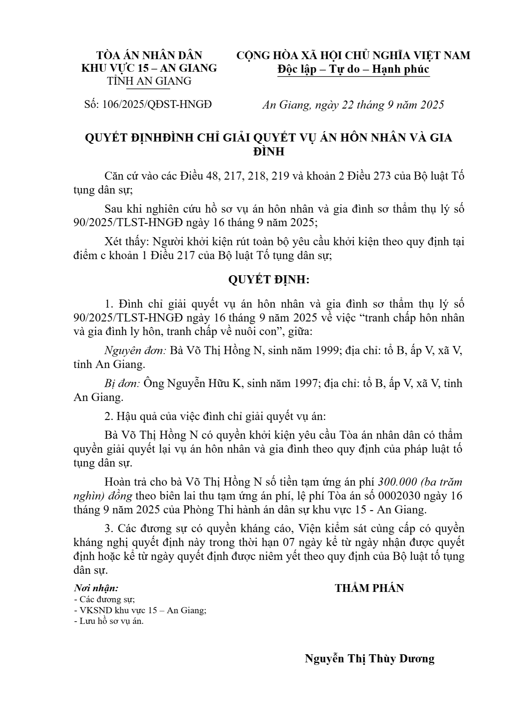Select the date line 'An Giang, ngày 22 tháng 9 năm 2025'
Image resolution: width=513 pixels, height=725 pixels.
tap(353, 105)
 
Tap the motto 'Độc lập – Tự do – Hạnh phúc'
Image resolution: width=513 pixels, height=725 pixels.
tap(353, 69)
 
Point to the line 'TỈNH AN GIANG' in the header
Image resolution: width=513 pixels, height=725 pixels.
tap(149, 81)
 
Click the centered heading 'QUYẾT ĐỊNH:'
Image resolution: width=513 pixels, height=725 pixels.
tap(269, 280)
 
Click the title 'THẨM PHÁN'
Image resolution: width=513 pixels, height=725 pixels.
tap(369, 588)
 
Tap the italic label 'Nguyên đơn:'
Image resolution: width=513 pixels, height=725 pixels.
tap(136, 351)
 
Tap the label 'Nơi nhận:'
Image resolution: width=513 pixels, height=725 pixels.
tap(96, 588)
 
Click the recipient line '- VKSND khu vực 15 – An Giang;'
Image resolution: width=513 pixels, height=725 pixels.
tap(140, 610)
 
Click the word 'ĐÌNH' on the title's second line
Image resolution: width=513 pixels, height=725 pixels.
tap(268, 152)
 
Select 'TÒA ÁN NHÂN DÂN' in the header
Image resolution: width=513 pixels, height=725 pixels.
tap(149, 55)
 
